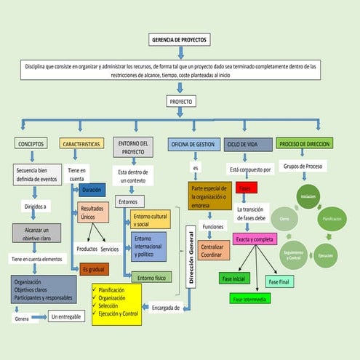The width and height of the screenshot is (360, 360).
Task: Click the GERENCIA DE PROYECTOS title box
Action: [178, 40]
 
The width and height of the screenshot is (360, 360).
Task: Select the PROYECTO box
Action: [180, 102]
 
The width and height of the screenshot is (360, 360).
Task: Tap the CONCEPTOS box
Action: [31, 144]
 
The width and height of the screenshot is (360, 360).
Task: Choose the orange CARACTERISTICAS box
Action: [81, 144]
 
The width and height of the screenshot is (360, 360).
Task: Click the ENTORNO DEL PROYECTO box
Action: [133, 147]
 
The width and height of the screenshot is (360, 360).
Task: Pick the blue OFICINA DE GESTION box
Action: [192, 144]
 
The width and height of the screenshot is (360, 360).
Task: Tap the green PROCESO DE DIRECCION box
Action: [305, 144]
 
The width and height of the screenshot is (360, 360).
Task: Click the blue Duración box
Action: [92, 190]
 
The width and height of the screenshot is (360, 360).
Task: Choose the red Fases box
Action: [245, 188]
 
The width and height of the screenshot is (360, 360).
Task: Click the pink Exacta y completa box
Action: [255, 239]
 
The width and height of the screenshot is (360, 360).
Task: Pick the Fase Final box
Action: [279, 281]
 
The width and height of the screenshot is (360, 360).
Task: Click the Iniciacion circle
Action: [308, 197]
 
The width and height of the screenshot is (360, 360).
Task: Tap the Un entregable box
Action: [65, 317]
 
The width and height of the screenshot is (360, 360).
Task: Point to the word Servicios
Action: [111, 249]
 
